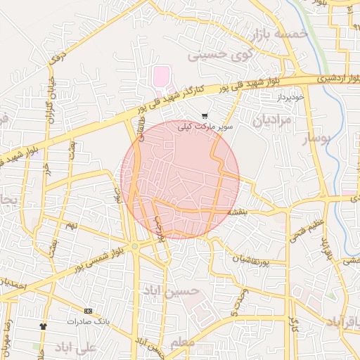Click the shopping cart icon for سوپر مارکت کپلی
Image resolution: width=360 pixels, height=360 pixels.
(204, 116)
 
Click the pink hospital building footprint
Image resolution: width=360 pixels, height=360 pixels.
(162, 76)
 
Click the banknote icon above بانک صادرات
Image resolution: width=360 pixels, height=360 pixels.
(88, 310)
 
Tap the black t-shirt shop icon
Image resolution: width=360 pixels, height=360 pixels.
(43, 326)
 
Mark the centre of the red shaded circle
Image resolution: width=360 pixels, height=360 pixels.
(180, 179)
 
